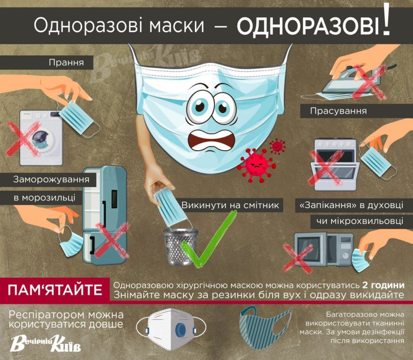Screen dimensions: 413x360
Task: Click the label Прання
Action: (x=66, y=62)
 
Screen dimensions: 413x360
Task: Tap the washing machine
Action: (x=42, y=138)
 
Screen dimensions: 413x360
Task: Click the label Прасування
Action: (x=338, y=110)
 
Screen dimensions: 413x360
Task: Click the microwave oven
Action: (x=324, y=249)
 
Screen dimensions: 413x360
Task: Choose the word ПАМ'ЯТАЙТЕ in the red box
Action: (x=55, y=290)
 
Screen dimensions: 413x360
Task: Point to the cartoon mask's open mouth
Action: (x=211, y=139)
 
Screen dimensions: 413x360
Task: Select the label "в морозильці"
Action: (x=44, y=198)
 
